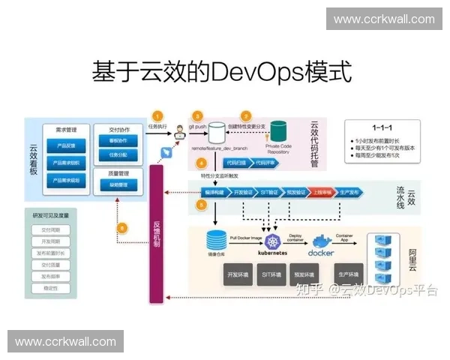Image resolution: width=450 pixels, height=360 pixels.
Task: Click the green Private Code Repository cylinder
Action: click(x=280, y=133)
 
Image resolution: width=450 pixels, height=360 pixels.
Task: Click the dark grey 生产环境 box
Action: click(x=349, y=274)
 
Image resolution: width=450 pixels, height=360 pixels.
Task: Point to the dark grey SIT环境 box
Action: click(x=271, y=274)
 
